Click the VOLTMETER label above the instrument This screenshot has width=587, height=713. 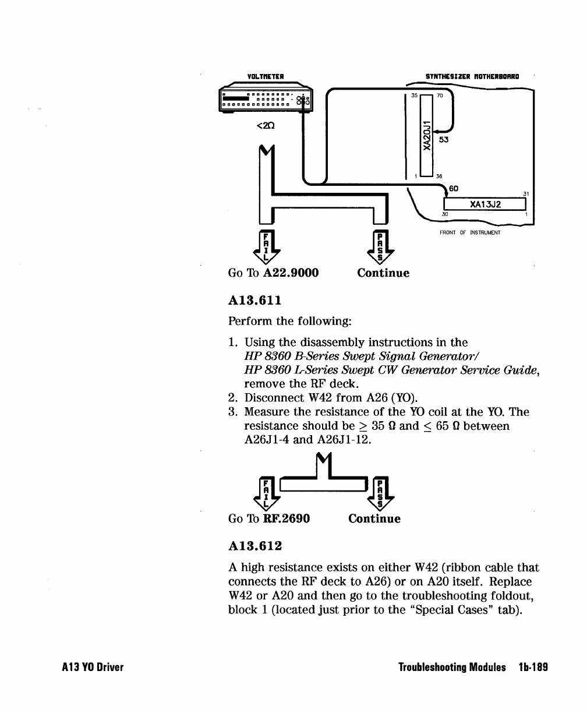pyautogui.click(x=266, y=75)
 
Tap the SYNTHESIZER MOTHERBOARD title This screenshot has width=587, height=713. pyautogui.click(x=472, y=75)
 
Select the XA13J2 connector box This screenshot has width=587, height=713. pyautogui.click(x=485, y=204)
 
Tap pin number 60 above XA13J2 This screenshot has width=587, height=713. pyautogui.click(x=454, y=188)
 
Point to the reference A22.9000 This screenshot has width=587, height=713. pyautogui.click(x=291, y=273)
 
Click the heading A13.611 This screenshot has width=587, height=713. pyautogui.click(x=254, y=300)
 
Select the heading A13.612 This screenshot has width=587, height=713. pyautogui.click(x=255, y=546)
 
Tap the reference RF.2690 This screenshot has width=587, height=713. pyautogui.click(x=287, y=518)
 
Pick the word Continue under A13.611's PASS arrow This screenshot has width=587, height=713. pyautogui.click(x=374, y=518)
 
